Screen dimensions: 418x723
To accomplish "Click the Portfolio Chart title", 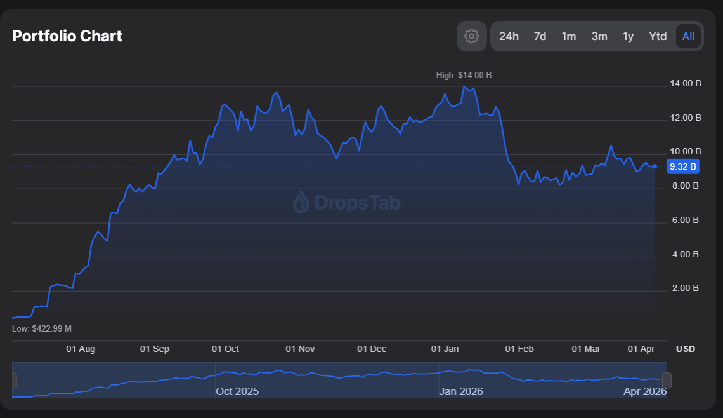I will click(67, 36).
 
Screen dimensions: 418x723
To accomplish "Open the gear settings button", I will click(471, 36).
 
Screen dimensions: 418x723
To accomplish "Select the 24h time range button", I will click(509, 36).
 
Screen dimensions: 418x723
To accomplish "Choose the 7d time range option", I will click(540, 36).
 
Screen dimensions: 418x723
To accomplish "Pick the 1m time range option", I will click(569, 36).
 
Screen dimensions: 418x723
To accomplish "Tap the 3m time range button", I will click(599, 36).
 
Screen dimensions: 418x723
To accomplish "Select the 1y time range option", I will click(628, 36).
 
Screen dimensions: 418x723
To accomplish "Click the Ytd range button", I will click(658, 36).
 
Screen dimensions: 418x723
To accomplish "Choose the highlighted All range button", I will click(689, 36).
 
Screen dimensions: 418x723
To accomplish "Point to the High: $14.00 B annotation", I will click(464, 75).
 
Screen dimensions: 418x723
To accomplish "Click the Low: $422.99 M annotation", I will click(42, 328).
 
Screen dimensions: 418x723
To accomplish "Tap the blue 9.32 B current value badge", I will click(683, 166).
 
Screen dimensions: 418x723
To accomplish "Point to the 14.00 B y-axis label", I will click(685, 84).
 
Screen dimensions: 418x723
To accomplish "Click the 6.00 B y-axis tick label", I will click(685, 220).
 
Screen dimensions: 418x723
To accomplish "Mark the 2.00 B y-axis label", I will click(685, 288).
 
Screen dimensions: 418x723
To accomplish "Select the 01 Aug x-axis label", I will click(81, 349).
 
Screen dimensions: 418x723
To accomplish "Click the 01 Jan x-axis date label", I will click(445, 349).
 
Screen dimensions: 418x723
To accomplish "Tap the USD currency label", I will click(685, 349).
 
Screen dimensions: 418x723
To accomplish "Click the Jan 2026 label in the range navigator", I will click(460, 391).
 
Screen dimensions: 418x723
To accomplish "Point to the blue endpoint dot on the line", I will click(655, 166).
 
